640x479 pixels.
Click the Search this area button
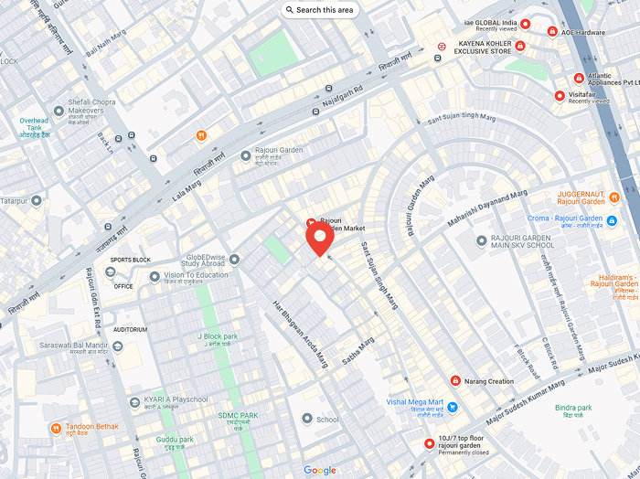pyautogui.click(x=319, y=10)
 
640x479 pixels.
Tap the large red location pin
pyautogui.click(x=319, y=239)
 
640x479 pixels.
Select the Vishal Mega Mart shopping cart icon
pyautogui.click(x=453, y=407)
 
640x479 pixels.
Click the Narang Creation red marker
pyautogui.click(x=455, y=381)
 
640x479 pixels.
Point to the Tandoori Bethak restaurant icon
pyautogui.click(x=57, y=428)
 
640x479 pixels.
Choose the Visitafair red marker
pyautogui.click(x=560, y=96)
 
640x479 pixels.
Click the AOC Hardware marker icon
pyautogui.click(x=552, y=32)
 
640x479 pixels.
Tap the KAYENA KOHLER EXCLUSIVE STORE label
pyautogui.click(x=485, y=47)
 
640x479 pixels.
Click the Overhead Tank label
pyautogui.click(x=34, y=127)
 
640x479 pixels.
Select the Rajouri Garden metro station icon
pyautogui.click(x=245, y=156)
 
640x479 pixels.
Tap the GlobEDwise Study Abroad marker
pyautogui.click(x=234, y=260)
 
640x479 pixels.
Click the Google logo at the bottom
pyautogui.click(x=320, y=470)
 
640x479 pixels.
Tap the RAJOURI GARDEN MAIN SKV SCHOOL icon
pyautogui.click(x=482, y=240)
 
